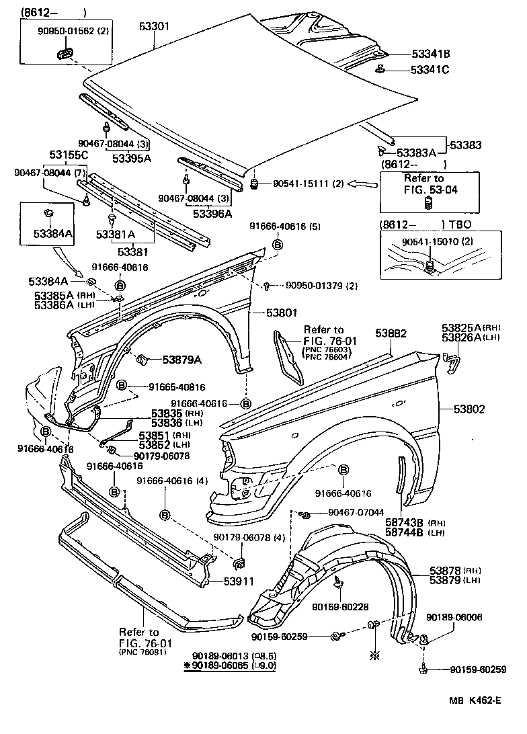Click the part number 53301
pos(154,27)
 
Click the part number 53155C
pos(67,155)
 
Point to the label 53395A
pos(131,158)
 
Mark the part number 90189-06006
pos(454,617)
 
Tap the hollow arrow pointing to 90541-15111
pos(364,183)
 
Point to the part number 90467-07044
pos(356,512)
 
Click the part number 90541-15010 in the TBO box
pos(430,241)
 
